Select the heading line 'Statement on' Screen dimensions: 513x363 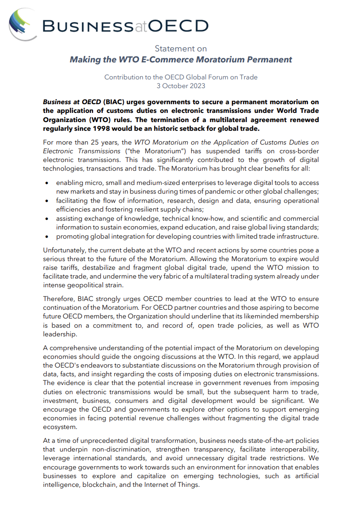181,49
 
